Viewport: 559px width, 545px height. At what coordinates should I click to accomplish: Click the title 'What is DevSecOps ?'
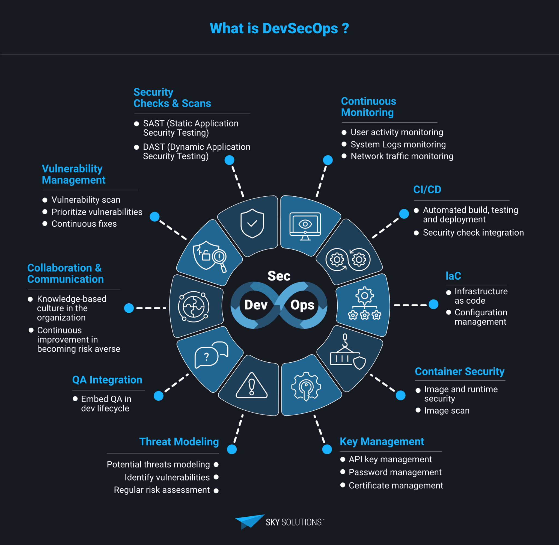[279, 28]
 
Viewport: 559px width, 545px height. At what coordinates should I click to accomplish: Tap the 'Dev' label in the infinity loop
[256, 305]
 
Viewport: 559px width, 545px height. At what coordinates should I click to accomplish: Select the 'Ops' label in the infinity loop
[302, 306]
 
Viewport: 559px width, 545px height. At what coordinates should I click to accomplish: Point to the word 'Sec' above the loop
[279, 276]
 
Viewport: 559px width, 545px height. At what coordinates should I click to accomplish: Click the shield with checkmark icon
[252, 223]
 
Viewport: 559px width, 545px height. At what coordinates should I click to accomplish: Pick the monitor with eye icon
[305, 226]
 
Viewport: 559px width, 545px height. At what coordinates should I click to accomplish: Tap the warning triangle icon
[251, 385]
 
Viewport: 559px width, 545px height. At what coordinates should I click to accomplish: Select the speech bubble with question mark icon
[211, 355]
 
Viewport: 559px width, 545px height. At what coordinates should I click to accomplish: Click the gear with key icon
[306, 386]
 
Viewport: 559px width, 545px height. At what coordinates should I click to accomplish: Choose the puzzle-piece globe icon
[194, 307]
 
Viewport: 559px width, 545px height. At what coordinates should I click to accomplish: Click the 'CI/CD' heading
[427, 189]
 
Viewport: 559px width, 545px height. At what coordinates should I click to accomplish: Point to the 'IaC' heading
[453, 276]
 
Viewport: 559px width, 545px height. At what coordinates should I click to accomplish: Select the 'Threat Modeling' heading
[179, 442]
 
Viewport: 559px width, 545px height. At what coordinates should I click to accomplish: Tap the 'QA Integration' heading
[107, 380]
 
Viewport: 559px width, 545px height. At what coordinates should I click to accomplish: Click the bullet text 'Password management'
[395, 472]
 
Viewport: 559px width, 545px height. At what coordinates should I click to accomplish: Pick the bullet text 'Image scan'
[447, 410]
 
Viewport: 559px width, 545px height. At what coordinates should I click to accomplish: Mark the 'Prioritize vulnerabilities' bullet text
[97, 212]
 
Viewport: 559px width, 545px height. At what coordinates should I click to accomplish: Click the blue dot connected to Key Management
[327, 449]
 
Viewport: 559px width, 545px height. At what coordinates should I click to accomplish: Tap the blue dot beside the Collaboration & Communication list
[129, 308]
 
